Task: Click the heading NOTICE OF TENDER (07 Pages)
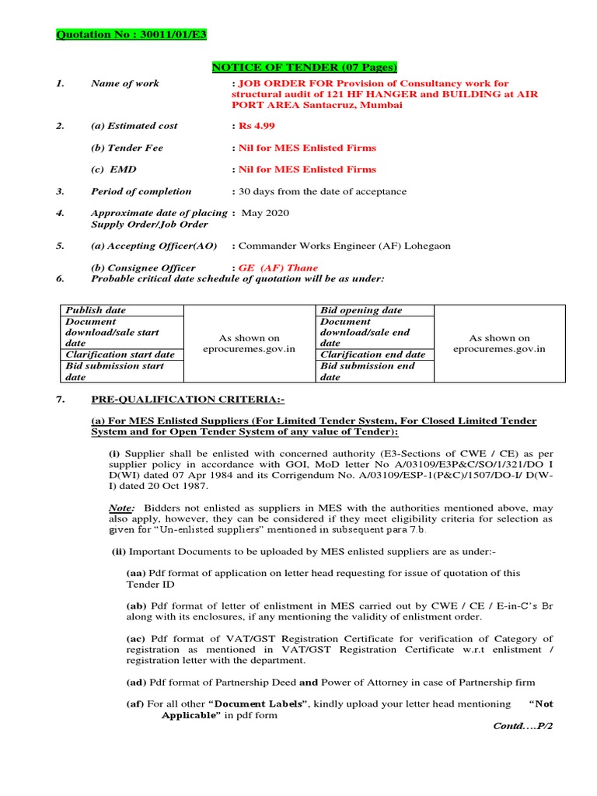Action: pos(305,68)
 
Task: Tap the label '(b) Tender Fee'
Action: pos(127,148)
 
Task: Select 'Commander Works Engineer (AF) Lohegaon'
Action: pos(344,246)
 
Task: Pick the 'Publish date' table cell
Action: pos(95,310)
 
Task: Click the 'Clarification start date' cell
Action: pos(120,354)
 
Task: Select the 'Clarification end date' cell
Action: pos(372,354)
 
